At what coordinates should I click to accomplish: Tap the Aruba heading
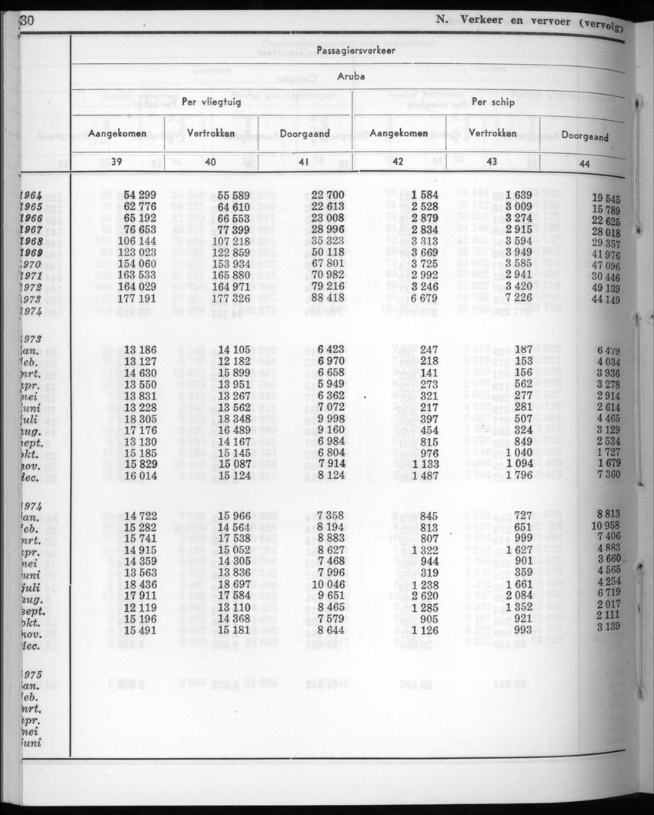pyautogui.click(x=350, y=77)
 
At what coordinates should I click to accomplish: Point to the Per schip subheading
pyautogui.click(x=492, y=102)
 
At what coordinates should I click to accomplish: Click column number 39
pyautogui.click(x=118, y=162)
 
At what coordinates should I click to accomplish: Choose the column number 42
pyautogui.click(x=398, y=162)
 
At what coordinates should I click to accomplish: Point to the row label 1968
pyautogui.click(x=30, y=241)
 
